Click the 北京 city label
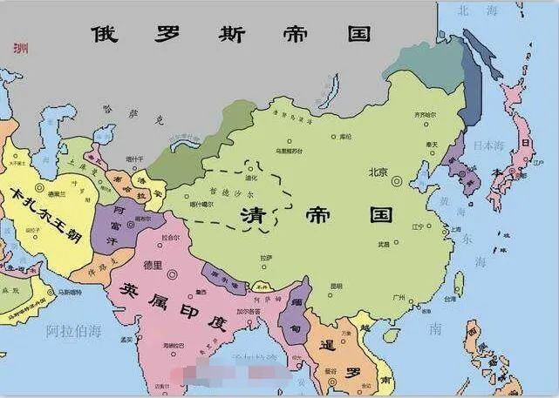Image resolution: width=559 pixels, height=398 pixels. click(x=377, y=171)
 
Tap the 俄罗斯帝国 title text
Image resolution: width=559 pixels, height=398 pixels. click(x=230, y=34)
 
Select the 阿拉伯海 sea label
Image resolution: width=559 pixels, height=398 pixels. click(x=74, y=330)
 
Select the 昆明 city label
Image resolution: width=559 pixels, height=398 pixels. click(x=337, y=285)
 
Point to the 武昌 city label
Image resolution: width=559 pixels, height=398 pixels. click(x=384, y=245)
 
